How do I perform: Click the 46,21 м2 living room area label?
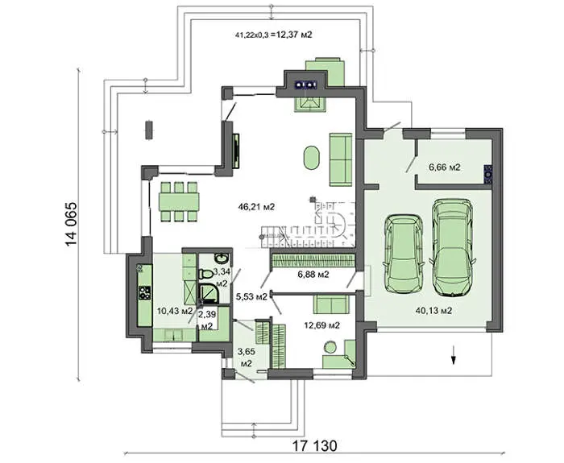[256, 207]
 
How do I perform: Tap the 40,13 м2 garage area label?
[433, 311]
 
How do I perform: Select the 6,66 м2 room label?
[445, 167]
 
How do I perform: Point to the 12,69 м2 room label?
[322, 325]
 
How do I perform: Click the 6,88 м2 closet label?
[313, 275]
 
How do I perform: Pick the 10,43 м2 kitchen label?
[175, 311]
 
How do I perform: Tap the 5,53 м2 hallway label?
[251, 297]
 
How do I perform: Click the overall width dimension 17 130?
[314, 446]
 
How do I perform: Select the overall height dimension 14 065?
[71, 225]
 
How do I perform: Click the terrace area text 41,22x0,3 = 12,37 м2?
[273, 35]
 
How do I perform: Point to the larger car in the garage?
[452, 247]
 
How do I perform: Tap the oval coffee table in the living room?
[312, 158]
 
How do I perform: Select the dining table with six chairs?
[179, 201]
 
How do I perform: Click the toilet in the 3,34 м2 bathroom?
[205, 274]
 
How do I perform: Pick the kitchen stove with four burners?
[144, 292]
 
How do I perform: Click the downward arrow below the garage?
[454, 355]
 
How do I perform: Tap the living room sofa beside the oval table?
[341, 159]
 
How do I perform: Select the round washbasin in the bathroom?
[220, 258]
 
